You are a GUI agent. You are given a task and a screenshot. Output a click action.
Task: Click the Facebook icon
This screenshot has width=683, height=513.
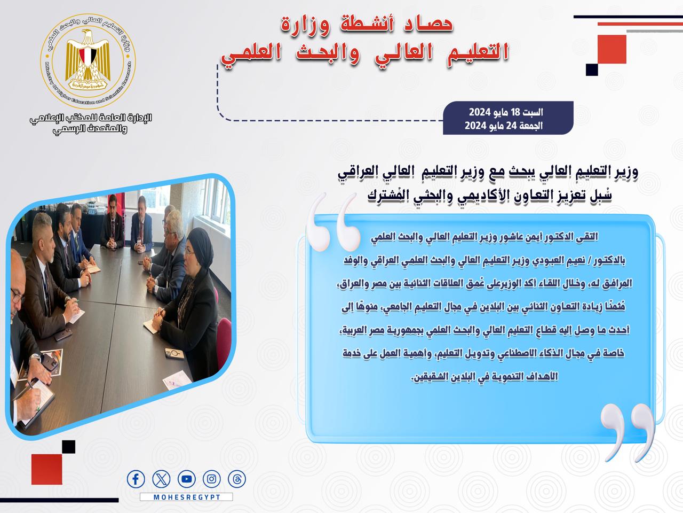tap(136, 479)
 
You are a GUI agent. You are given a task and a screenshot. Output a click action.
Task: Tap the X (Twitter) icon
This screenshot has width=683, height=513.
tap(161, 479)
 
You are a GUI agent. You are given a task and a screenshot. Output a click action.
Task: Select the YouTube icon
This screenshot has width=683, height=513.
tap(187, 479)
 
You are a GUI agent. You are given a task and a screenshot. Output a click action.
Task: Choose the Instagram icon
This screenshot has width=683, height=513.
tap(212, 479)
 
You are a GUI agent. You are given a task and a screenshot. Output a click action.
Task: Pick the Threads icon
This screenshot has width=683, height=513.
tap(237, 479)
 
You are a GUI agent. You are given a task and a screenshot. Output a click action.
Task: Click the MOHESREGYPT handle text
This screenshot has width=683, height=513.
tap(187, 497)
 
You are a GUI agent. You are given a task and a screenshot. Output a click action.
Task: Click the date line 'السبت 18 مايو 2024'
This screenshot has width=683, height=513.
tap(506, 112)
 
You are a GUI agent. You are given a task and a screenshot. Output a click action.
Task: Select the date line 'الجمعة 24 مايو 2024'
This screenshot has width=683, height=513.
tap(504, 126)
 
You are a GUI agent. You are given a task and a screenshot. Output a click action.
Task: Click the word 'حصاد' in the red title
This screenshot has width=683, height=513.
tap(428, 24)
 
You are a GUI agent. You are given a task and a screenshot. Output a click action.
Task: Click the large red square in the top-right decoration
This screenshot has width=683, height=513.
tap(611, 49)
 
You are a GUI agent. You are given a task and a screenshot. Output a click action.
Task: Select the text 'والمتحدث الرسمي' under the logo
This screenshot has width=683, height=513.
tap(90, 129)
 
